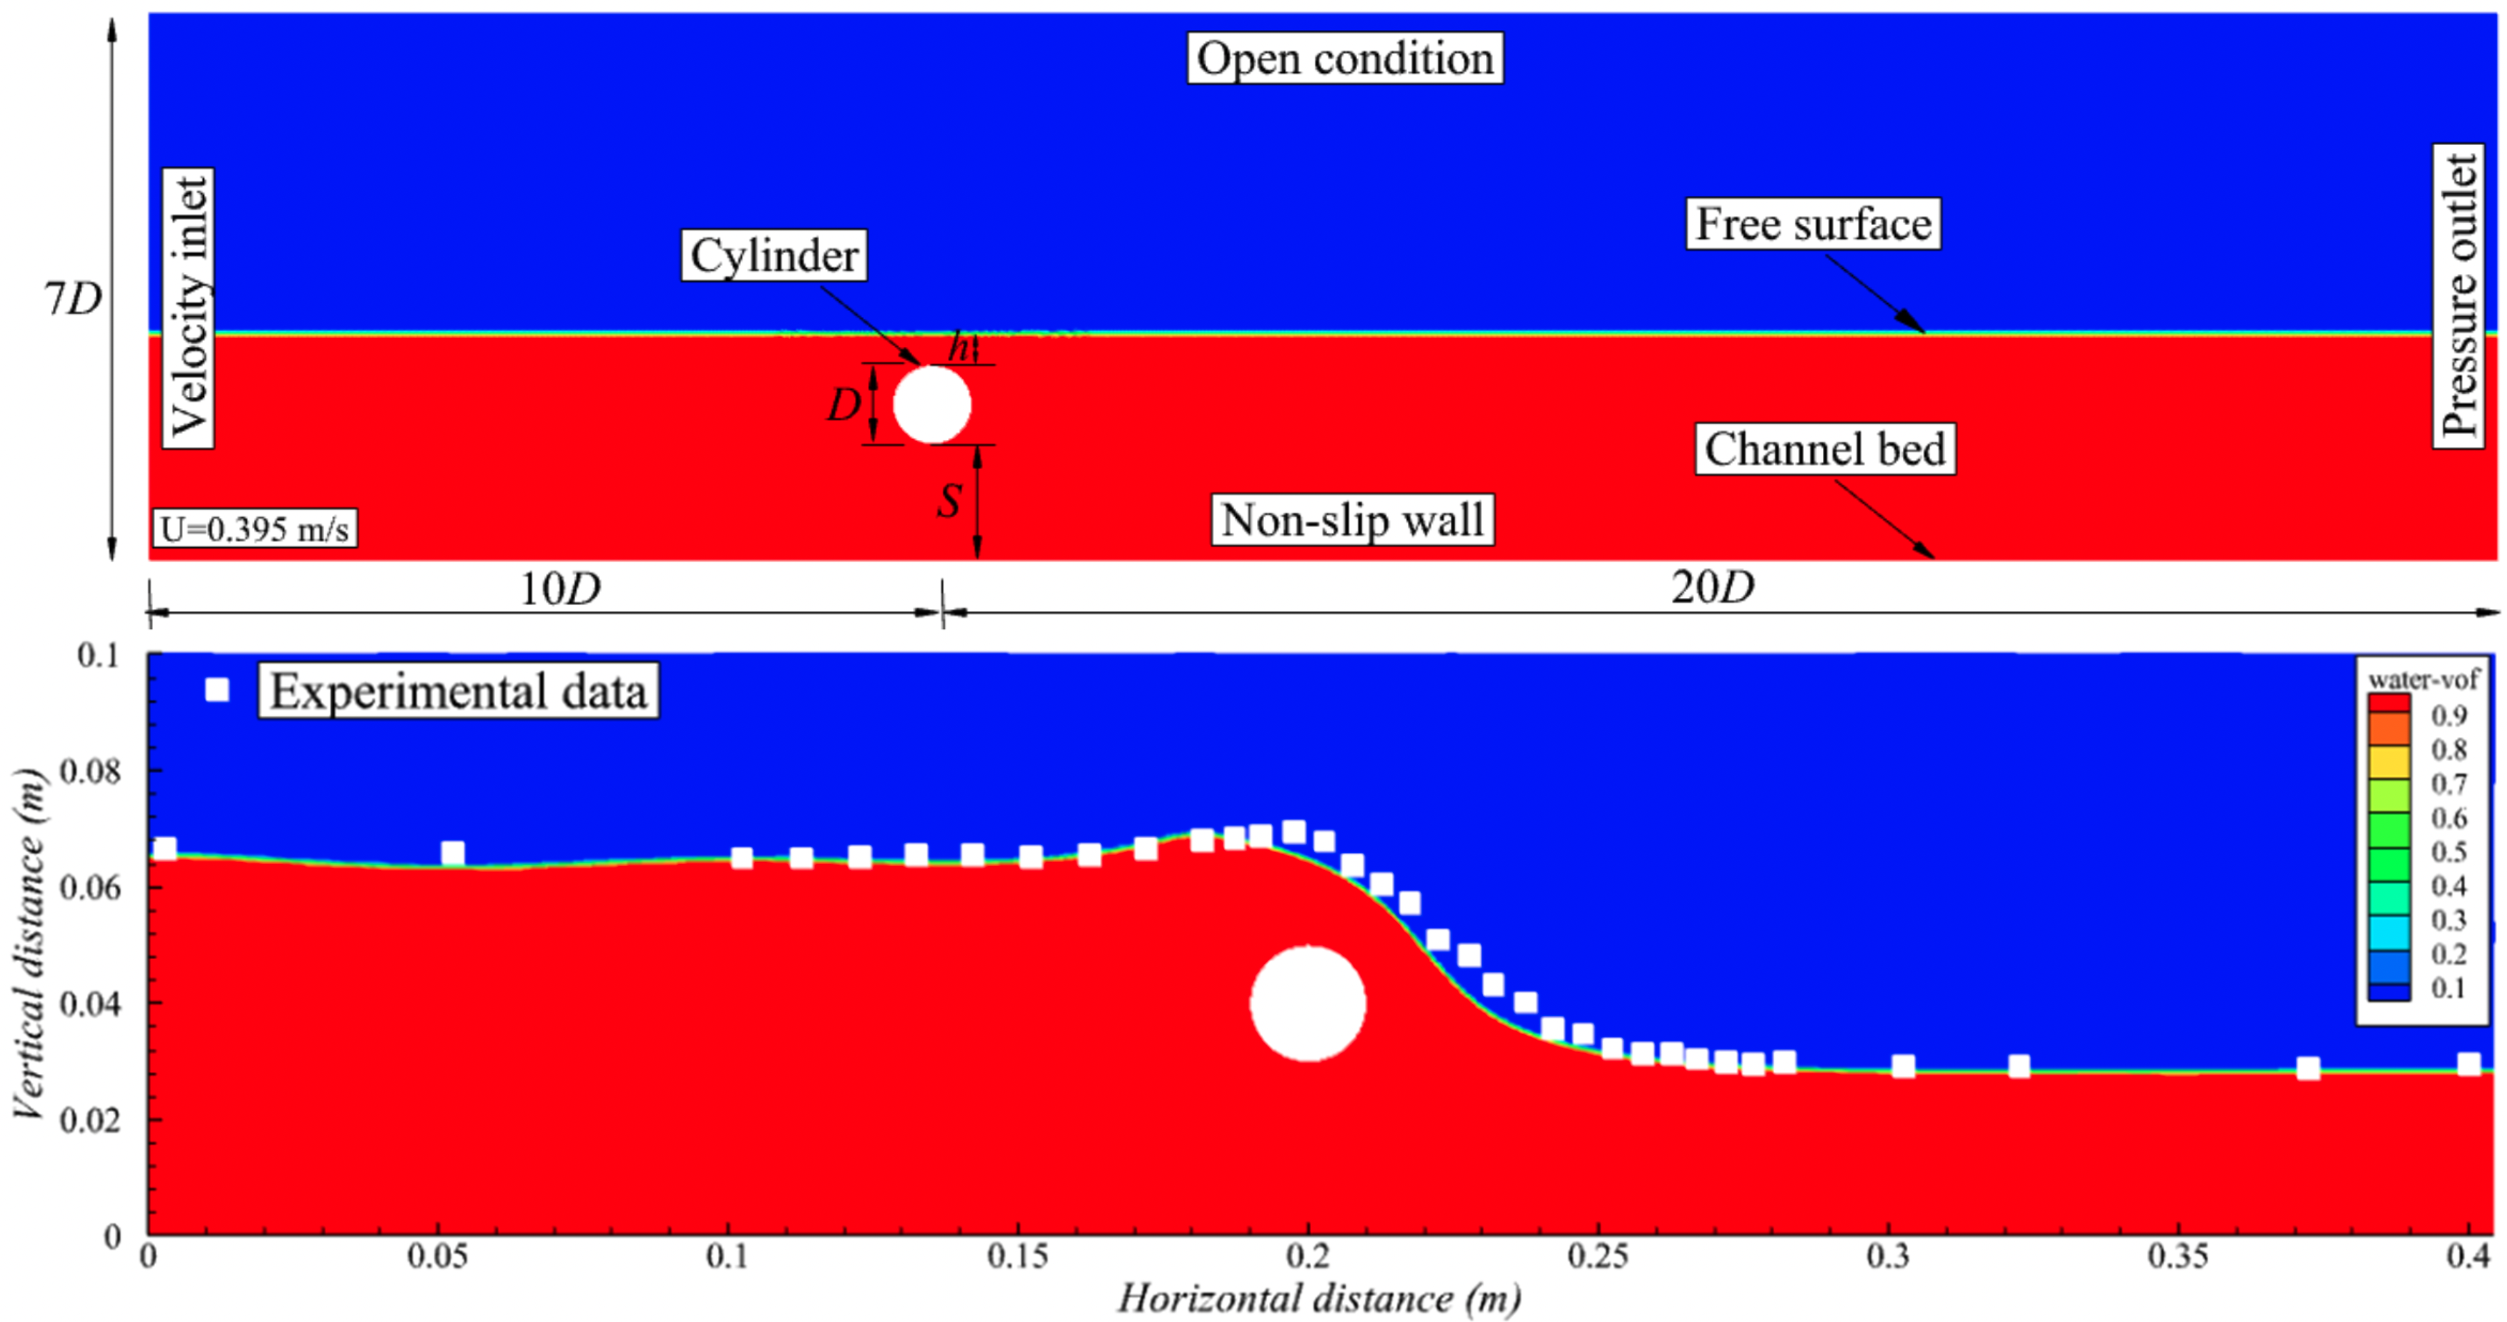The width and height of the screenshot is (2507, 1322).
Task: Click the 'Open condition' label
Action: click(1344, 58)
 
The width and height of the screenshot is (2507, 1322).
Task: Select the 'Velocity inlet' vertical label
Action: click(188, 307)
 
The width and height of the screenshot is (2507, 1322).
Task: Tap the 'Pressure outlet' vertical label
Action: click(2458, 296)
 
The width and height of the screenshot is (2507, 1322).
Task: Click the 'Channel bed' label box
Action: click(1825, 448)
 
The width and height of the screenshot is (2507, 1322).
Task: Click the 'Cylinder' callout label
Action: click(774, 256)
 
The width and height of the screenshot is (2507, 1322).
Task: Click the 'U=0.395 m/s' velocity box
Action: click(255, 529)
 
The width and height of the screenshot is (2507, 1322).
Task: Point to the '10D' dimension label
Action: click(560, 588)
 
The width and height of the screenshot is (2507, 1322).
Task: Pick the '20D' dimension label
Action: click(1713, 587)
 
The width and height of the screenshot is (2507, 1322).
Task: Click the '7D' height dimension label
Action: click(73, 299)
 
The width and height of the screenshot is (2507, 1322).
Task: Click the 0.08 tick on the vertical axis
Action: click(90, 772)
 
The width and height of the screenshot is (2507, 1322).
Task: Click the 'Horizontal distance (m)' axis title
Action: click(1319, 1299)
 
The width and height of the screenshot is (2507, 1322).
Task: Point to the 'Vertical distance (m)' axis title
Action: click(30, 944)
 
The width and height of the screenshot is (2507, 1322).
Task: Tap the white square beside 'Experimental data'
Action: click(217, 690)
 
